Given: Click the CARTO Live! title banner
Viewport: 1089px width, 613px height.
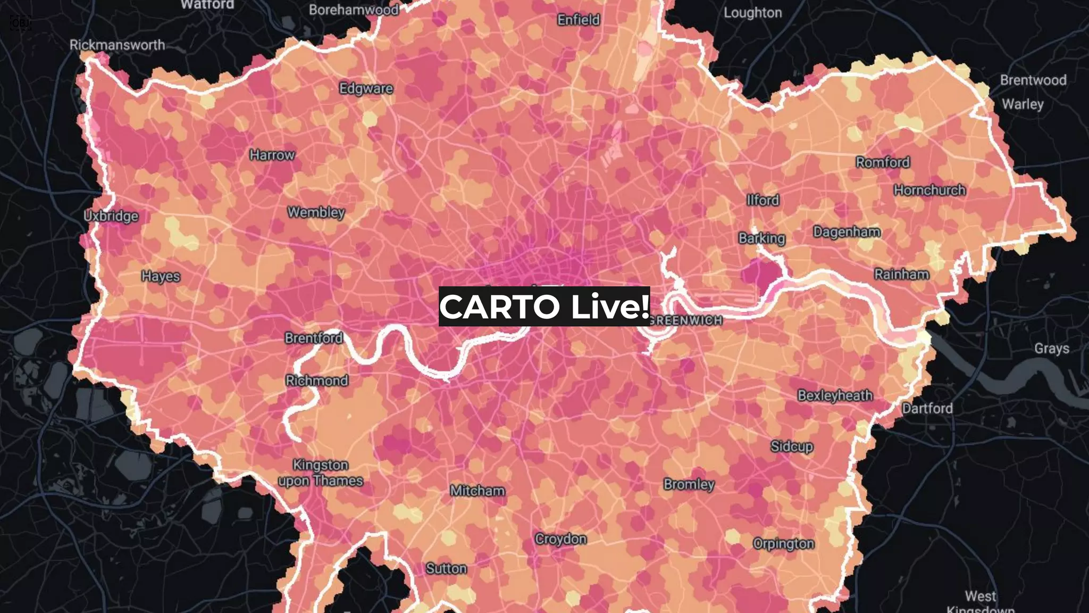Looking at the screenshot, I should point(544,306).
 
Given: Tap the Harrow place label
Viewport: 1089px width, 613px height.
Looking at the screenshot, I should point(272,155).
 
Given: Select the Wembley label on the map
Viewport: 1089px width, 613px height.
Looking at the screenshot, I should point(316,212).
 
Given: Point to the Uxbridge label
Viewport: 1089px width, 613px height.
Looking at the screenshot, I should point(111,216).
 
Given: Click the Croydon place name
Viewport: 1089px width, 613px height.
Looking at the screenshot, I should point(560,539).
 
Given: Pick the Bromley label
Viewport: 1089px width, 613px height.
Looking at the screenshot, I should point(689,484).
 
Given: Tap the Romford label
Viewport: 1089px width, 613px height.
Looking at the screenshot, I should point(883,162).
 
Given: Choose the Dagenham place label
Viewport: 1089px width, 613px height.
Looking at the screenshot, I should point(847,232).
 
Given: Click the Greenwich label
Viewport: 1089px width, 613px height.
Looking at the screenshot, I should point(686,320).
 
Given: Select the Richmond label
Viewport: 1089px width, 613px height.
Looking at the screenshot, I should point(317,380).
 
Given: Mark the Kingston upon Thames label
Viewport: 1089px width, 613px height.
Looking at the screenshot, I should point(321,473).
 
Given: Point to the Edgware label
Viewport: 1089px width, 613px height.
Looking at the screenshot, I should point(366,88).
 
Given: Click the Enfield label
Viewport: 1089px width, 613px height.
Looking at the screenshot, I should point(579,20).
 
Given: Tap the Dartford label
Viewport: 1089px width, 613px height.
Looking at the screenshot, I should point(927,409).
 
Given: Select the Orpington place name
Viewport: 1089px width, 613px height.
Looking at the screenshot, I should point(783,544).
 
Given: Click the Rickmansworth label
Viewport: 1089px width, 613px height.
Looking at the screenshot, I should point(117,45).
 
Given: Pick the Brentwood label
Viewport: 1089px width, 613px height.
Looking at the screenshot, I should point(1033,80).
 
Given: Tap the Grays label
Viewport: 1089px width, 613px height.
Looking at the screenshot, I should point(1051,349).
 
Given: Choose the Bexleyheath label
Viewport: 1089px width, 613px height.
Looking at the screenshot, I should point(835,395).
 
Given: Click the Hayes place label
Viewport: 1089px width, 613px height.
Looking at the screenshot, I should point(161,276).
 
